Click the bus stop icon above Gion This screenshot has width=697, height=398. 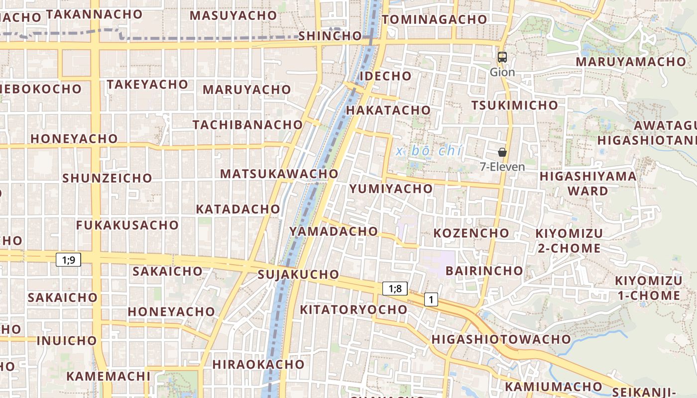tap(502, 57)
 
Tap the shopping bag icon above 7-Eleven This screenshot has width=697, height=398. tap(502, 152)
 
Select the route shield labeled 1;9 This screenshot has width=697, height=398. tap(68, 259)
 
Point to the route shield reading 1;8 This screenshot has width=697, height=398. tap(395, 289)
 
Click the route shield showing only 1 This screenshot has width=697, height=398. tap(431, 299)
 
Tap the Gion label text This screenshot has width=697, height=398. tap(502, 72)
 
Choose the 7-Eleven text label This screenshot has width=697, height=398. tap(502, 167)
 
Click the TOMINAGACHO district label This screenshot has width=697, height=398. tap(435, 19)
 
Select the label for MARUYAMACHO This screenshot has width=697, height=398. tap(631, 62)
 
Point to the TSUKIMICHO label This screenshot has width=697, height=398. tap(515, 105)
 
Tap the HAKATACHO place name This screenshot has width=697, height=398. tap(388, 110)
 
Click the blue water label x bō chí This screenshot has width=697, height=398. tap(430, 151)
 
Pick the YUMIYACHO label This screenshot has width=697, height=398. tap(391, 189)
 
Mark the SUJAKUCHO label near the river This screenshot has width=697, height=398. tap(298, 275)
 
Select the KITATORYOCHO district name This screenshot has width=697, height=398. tap(353, 309)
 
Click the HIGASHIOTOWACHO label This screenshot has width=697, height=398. tap(501, 339)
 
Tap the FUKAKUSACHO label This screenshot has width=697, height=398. tap(127, 225)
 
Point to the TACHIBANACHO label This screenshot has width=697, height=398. tap(248, 125)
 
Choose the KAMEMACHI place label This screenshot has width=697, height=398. tap(108, 376)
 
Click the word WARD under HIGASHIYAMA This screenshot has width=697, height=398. tap(588, 191)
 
